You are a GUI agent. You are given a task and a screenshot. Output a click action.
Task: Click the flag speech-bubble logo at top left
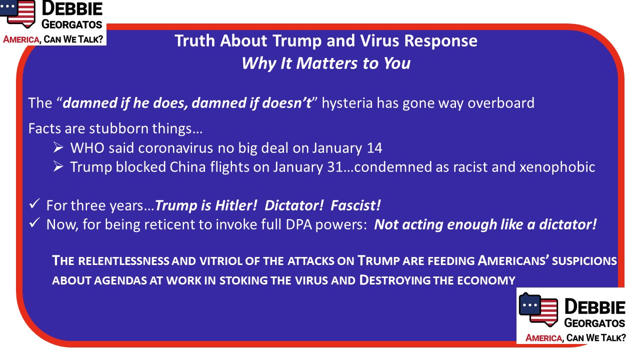(x=17, y=13)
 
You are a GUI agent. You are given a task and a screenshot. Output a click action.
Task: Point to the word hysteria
(x=347, y=103)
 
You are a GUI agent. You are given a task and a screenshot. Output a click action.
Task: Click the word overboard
(x=501, y=103)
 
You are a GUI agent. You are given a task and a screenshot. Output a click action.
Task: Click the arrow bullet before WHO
(x=58, y=147)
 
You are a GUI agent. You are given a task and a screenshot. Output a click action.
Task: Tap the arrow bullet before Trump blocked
(x=58, y=167)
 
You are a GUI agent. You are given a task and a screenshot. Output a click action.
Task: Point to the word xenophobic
(x=557, y=167)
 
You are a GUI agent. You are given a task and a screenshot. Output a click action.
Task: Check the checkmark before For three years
(x=34, y=204)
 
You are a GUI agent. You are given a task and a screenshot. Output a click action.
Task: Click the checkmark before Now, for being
(x=34, y=223)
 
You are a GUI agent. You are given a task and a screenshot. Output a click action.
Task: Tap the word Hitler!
(x=236, y=205)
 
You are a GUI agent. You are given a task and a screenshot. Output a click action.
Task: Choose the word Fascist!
(x=355, y=205)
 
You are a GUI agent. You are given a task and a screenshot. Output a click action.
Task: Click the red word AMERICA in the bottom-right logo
(x=543, y=338)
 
